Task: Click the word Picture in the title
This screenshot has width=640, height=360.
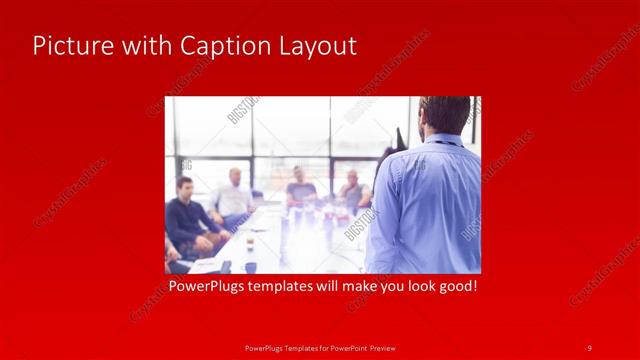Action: [x=68, y=46]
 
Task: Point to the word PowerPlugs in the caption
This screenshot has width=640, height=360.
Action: [x=203, y=287]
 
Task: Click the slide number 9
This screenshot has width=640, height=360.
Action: [x=589, y=348]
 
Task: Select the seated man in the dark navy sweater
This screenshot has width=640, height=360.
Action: [x=186, y=215]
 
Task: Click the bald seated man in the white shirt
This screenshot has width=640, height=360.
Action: [x=233, y=196]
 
